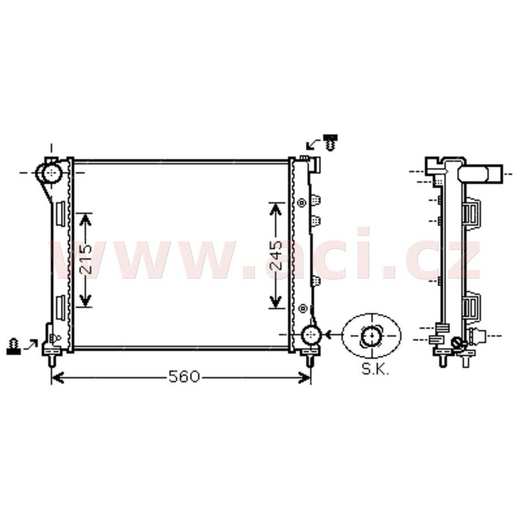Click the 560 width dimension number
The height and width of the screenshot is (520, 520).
(x=184, y=376)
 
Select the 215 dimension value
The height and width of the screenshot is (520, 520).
(x=85, y=259)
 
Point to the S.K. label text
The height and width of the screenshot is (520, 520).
(x=376, y=369)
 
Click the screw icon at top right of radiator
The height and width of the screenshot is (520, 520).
(x=331, y=142)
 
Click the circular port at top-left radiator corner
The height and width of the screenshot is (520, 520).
(x=52, y=172)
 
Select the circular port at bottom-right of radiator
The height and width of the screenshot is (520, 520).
(x=311, y=335)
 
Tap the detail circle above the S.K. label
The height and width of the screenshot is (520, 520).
(x=371, y=336)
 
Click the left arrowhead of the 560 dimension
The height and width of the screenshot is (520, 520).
(x=58, y=378)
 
